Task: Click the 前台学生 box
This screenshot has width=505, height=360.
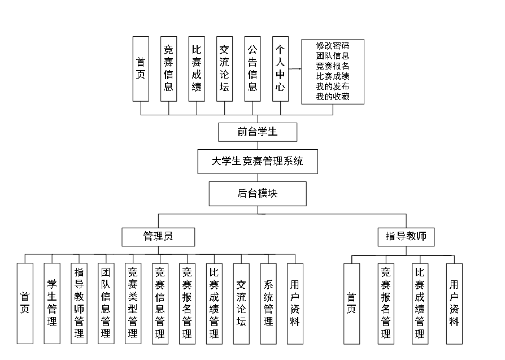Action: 258,132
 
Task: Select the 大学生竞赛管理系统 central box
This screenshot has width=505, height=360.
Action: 258,161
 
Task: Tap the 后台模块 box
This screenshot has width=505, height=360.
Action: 258,193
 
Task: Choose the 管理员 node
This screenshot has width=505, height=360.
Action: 158,236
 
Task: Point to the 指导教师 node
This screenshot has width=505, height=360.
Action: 406,236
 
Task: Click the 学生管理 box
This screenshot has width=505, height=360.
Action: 52,303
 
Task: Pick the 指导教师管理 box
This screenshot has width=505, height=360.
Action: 79,303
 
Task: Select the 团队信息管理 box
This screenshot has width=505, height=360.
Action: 106,303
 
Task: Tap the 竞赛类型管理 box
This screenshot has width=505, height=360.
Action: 133,303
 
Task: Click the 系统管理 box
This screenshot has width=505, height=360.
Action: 268,303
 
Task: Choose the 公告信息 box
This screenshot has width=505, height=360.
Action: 252,69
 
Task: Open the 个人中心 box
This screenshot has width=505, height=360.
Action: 280,69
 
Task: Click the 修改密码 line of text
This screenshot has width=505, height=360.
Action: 332,46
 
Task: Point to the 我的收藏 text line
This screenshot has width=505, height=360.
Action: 332,97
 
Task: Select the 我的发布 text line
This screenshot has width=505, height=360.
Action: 332,86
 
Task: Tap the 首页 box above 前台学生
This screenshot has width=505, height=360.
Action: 141,69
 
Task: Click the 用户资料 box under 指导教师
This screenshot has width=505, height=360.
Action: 454,303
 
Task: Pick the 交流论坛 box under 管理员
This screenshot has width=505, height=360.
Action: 241,303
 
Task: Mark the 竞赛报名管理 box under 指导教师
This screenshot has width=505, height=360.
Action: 386,303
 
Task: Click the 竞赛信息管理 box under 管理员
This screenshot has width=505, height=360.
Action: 160,303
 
